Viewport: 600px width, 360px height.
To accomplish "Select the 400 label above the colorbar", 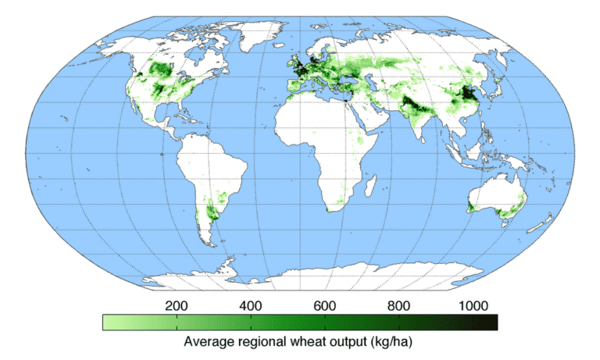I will (x=250, y=305).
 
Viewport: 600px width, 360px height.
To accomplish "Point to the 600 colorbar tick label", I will (x=325, y=305).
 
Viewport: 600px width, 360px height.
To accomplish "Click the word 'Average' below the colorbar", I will (x=208, y=342).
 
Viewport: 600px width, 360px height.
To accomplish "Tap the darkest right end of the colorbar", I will (x=492, y=321).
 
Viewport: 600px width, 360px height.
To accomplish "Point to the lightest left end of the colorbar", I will (x=108, y=321).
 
